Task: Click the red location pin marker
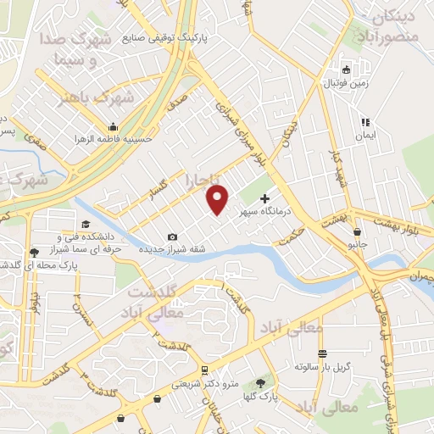coord(218,200)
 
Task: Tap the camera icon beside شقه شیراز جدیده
coord(173,236)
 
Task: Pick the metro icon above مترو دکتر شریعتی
coord(204,370)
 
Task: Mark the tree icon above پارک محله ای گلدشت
coord(34,253)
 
